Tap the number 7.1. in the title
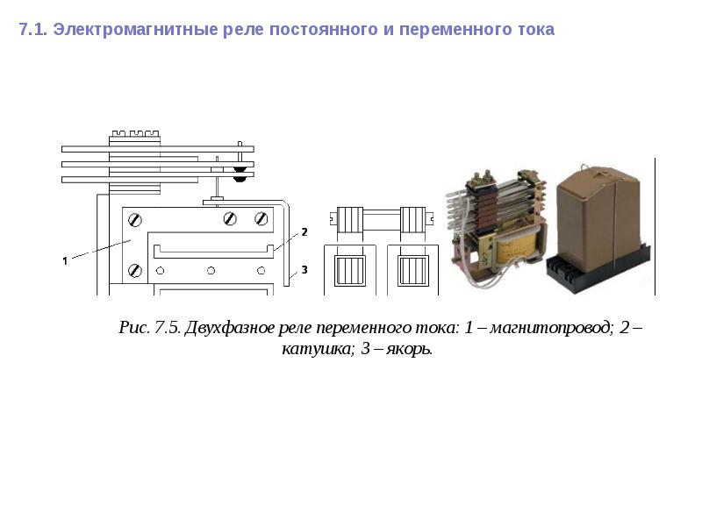tap(32, 30)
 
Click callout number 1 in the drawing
tap(65, 260)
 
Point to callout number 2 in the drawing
tap(304, 232)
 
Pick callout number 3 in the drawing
tap(304, 270)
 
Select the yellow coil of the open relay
tap(516, 250)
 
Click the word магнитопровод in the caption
tap(551, 328)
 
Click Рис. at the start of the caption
tap(134, 327)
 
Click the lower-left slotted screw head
tap(135, 271)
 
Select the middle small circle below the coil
tap(211, 271)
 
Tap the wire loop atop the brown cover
tap(585, 167)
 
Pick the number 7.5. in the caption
tap(168, 327)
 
